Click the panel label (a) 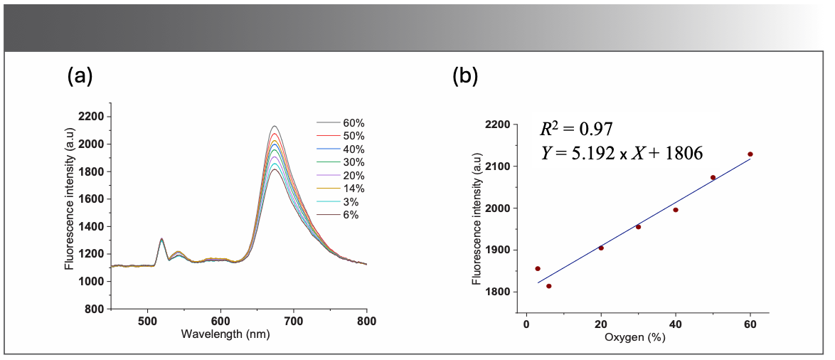click(80, 75)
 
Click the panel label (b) click(465, 75)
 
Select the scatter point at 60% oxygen click(750, 154)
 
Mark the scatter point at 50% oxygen click(713, 177)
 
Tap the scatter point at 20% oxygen click(601, 248)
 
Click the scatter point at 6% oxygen click(548, 286)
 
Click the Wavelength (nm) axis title click(225, 333)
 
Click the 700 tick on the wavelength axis click(293, 320)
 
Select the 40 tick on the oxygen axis click(676, 324)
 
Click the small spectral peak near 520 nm click(161, 239)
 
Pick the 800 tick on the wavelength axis click(366, 320)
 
